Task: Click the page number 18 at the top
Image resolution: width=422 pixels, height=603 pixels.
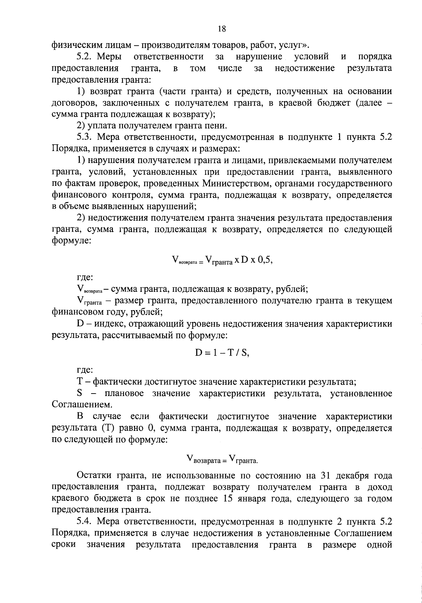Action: (222, 29)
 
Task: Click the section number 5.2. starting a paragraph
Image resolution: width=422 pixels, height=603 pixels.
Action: (84, 57)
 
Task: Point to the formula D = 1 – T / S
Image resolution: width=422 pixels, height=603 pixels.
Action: (222, 353)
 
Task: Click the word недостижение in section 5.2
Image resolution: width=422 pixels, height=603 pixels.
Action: (305, 68)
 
